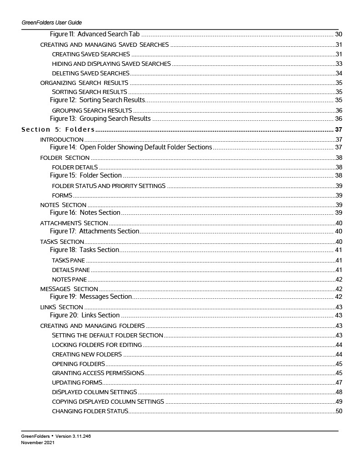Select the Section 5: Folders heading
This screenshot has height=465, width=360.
(x=58, y=130)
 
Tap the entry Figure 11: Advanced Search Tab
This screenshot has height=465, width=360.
(x=95, y=34)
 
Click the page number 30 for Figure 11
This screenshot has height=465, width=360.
(x=338, y=34)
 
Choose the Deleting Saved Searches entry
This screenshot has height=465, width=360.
(x=90, y=73)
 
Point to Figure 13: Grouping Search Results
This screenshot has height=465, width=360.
(x=100, y=119)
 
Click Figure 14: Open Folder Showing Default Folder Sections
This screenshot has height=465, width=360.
(x=131, y=147)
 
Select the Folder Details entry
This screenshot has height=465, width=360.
(x=75, y=167)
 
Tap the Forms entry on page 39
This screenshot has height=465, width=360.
(x=62, y=195)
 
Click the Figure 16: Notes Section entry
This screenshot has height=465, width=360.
(x=85, y=213)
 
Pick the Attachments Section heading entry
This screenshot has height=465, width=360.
(x=74, y=223)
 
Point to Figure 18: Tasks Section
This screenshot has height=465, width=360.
(x=84, y=250)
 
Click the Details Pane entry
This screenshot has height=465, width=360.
(x=70, y=270)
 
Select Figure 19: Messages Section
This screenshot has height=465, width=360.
(x=90, y=297)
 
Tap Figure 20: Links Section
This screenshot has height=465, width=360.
(x=85, y=315)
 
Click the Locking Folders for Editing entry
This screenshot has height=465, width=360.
(x=97, y=345)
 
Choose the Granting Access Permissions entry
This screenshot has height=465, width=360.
(x=98, y=373)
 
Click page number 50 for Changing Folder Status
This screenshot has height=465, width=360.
(x=338, y=411)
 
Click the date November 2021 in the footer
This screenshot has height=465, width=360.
(x=38, y=442)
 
